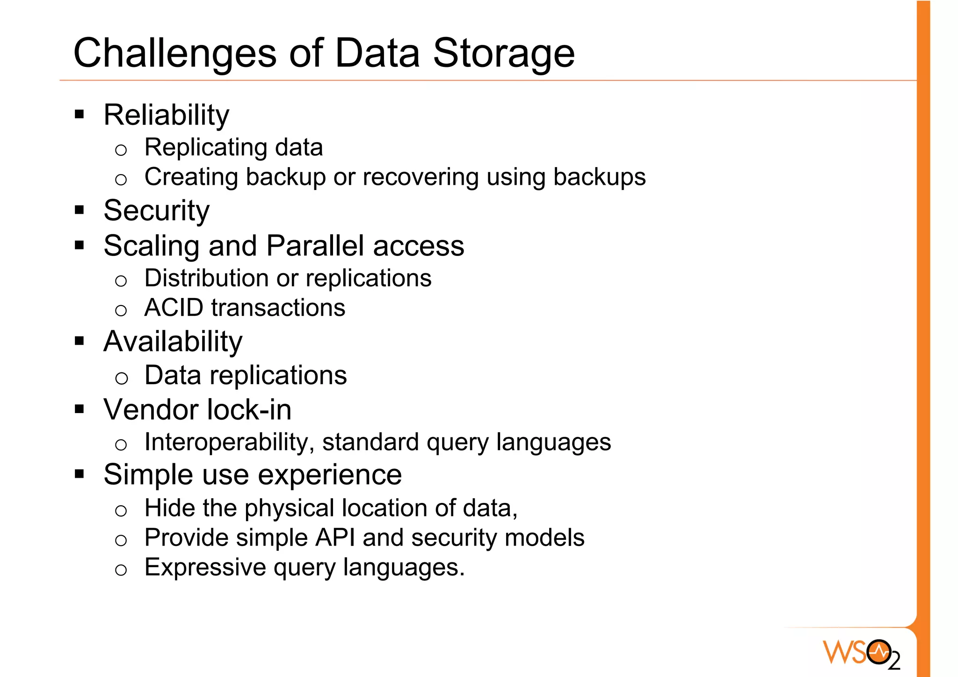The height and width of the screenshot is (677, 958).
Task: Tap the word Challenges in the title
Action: tap(175, 53)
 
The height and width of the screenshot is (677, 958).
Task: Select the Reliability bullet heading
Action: tap(166, 115)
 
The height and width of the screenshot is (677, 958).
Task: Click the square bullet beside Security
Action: tap(80, 210)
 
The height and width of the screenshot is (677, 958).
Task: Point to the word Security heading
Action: tap(156, 211)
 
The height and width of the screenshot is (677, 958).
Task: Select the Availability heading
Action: tap(173, 342)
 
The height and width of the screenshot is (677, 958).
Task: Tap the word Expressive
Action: tap(205, 568)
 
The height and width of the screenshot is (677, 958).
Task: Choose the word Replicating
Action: tap(205, 148)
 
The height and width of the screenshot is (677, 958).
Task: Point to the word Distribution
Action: tap(206, 278)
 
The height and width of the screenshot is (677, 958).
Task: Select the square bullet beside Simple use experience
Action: tap(80, 474)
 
